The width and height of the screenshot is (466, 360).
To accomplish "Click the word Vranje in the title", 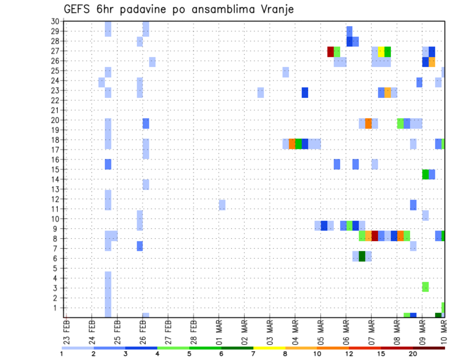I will pos(277,9).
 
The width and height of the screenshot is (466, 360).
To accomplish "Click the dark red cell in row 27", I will pos(331,51).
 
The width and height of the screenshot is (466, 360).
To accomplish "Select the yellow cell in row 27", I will pos(381,51).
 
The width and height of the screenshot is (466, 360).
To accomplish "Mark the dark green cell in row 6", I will pos(362,256).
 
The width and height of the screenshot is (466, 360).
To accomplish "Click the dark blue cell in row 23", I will pos(305,92).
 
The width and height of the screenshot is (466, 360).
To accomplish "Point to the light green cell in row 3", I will pos(425,287).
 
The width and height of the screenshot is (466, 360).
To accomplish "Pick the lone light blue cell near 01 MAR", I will pos(222,204).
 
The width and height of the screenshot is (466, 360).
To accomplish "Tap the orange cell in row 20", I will pos(368,123).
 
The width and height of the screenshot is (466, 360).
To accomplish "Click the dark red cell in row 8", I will pos(375,236).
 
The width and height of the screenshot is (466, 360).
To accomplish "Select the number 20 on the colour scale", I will pos(413,354).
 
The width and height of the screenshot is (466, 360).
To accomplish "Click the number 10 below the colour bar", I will pos(317,354).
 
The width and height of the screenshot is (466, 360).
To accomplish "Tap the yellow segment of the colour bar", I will pos(269,348).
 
